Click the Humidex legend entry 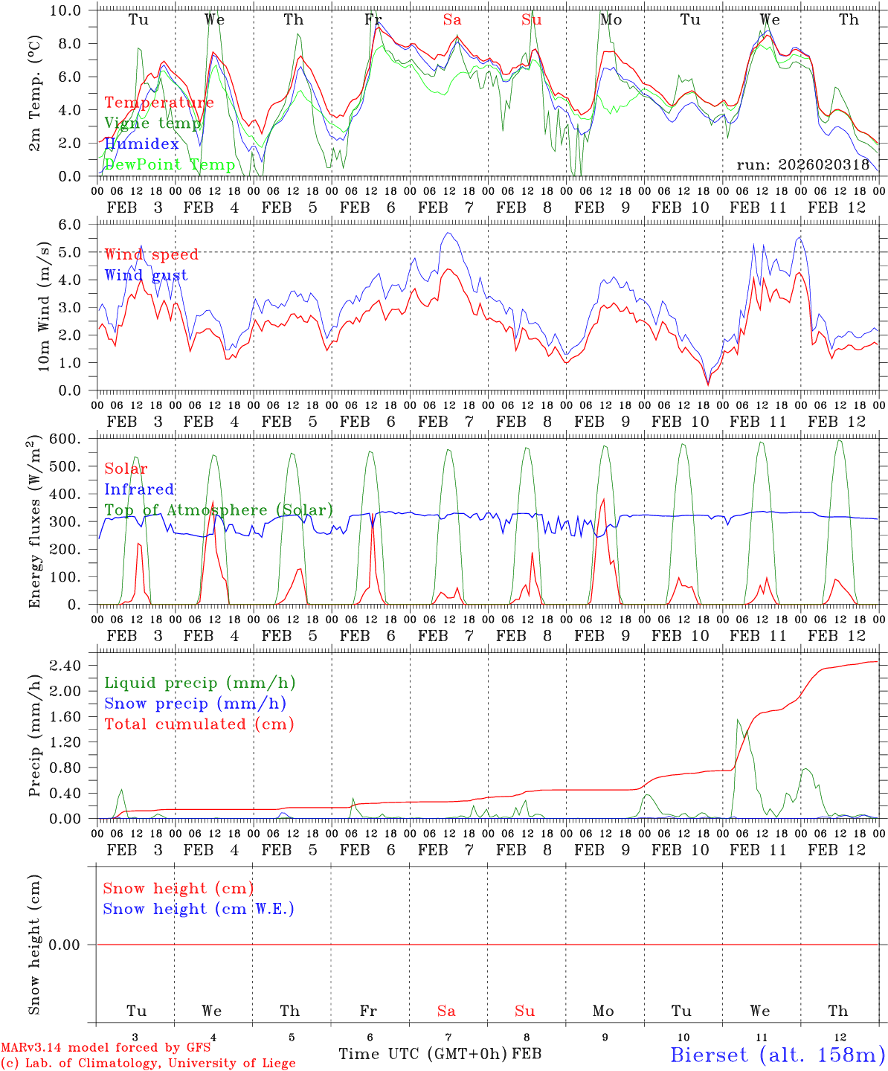click(142, 144)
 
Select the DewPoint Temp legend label click(170, 165)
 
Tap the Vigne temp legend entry click(152, 123)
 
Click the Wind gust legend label click(146, 275)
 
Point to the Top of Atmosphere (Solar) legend click(219, 510)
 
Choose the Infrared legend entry click(139, 489)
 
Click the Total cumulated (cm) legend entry click(199, 724)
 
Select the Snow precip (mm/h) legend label click(195, 704)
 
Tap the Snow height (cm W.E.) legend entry click(199, 909)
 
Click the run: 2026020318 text click(802, 165)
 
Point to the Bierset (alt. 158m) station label click(776, 1054)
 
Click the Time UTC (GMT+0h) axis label click(422, 1054)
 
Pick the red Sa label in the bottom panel click(446, 1011)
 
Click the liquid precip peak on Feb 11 click(738, 719)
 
